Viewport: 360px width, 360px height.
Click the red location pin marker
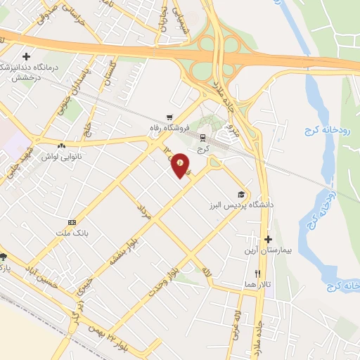point(181,164)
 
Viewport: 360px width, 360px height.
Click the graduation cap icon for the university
point(241,195)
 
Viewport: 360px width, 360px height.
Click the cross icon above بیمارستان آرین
point(267,239)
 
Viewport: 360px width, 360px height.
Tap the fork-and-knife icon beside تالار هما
point(258,273)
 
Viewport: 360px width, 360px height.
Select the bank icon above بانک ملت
point(72,221)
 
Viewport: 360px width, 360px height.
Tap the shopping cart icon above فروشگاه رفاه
point(169,117)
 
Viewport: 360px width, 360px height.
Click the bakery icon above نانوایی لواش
point(62,146)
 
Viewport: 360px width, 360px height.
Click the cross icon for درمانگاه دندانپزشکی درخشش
point(27,56)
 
